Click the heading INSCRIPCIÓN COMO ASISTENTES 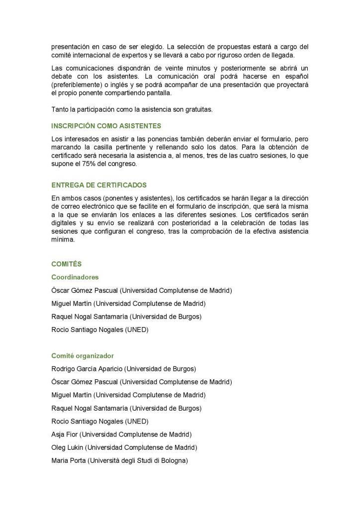106,126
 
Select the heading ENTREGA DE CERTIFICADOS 99,185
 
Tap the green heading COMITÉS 67,264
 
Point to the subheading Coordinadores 75,277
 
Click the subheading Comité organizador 83,356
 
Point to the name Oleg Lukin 67,447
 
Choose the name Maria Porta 68,461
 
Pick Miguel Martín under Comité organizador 71,395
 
